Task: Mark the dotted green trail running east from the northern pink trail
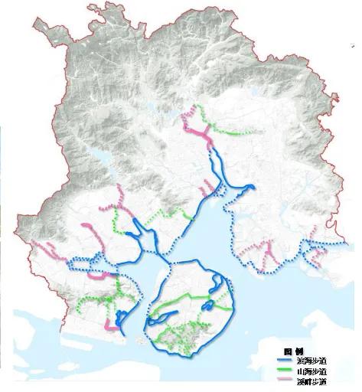click(233, 132)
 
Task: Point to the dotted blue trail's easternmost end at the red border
click(351, 243)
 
